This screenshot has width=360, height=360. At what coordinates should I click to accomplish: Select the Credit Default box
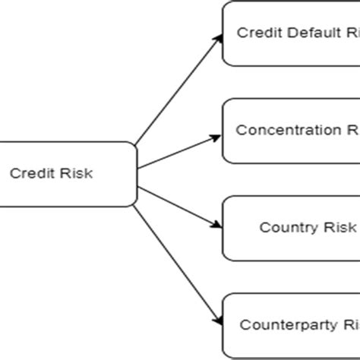[292, 33]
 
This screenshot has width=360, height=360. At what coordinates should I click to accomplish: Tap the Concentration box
[292, 130]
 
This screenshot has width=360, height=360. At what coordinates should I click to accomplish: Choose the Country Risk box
[292, 227]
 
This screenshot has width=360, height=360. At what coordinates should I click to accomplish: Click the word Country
[283, 227]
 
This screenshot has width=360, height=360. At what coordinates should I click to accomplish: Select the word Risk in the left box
[78, 173]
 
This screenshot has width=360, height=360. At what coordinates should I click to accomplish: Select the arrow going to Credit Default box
[178, 90]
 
